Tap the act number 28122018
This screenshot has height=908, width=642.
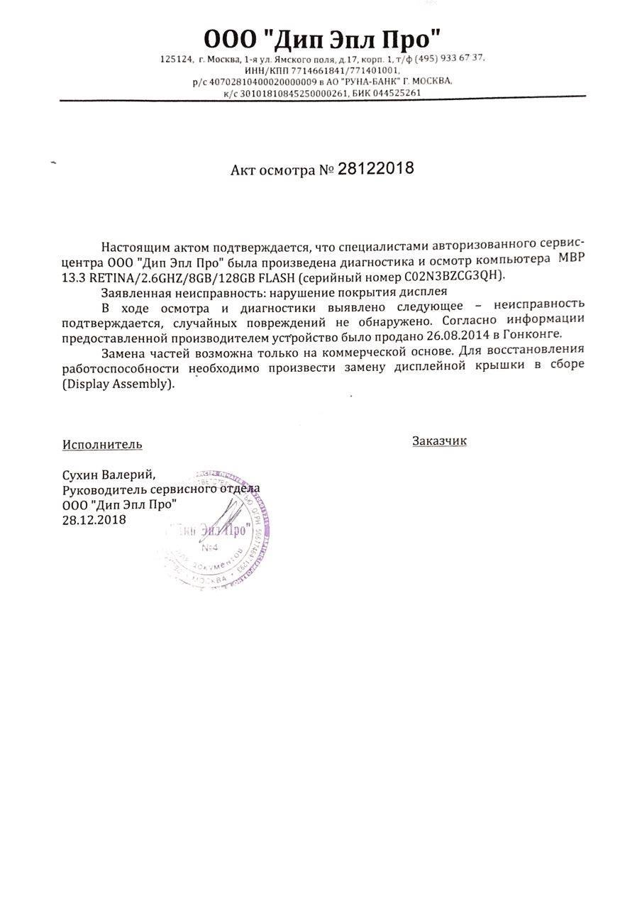375,170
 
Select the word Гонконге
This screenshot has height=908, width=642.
536,334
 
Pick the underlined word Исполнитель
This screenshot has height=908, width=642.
102,445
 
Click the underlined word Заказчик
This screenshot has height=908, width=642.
439,441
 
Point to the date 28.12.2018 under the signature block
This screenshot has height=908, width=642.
94,520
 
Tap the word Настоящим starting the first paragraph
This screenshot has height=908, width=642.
133,247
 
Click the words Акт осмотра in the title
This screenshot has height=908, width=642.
272,171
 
